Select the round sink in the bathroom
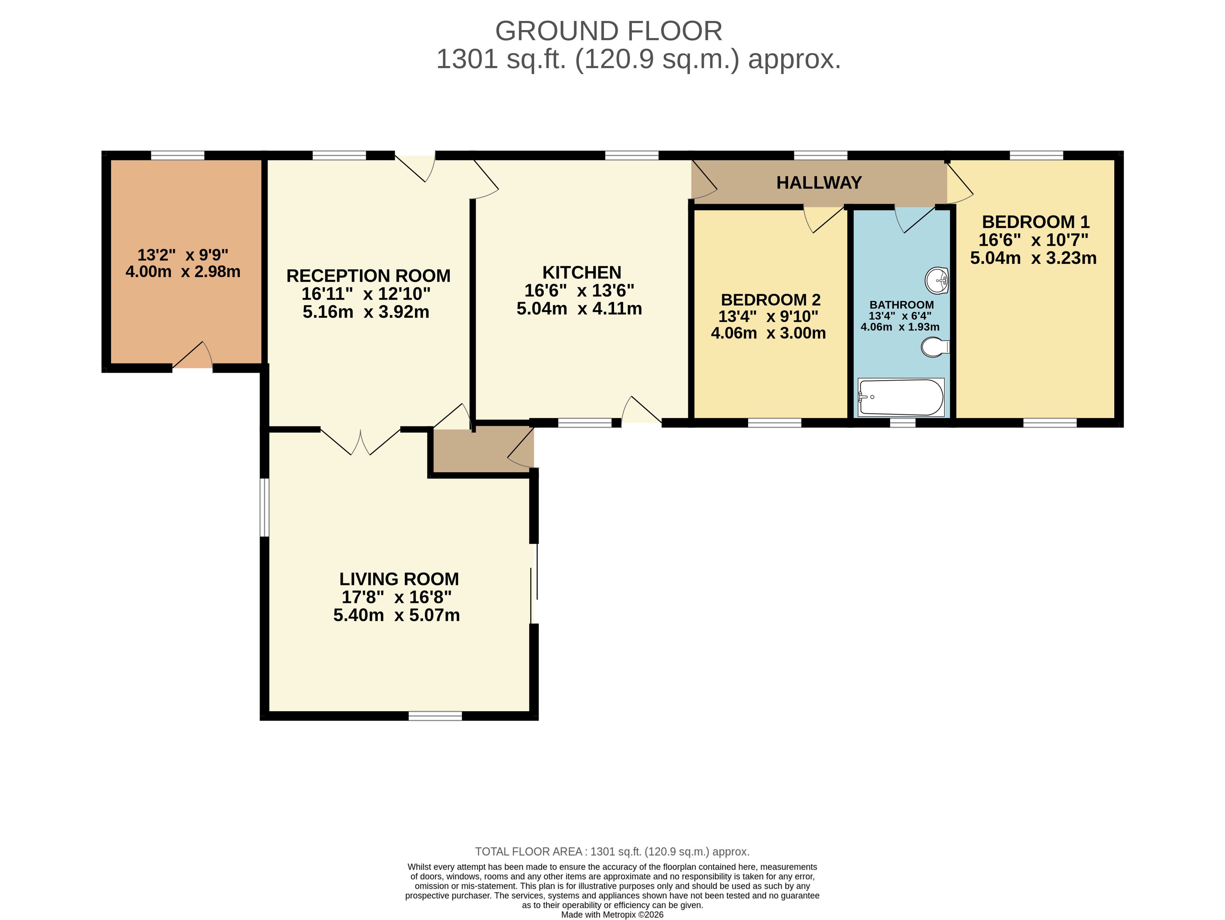[x=937, y=280]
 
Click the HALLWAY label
[x=819, y=182]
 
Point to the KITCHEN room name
[x=582, y=272]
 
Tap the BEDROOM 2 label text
[x=770, y=300]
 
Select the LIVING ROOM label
[x=399, y=579]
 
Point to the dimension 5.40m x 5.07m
[x=396, y=615]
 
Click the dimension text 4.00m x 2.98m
[x=183, y=271]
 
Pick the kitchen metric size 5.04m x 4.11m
[x=579, y=308]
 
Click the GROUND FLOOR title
[x=608, y=31]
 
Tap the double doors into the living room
[x=360, y=441]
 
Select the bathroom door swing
[x=915, y=219]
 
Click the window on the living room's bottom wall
[x=435, y=716]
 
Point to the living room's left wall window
[x=265, y=508]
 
